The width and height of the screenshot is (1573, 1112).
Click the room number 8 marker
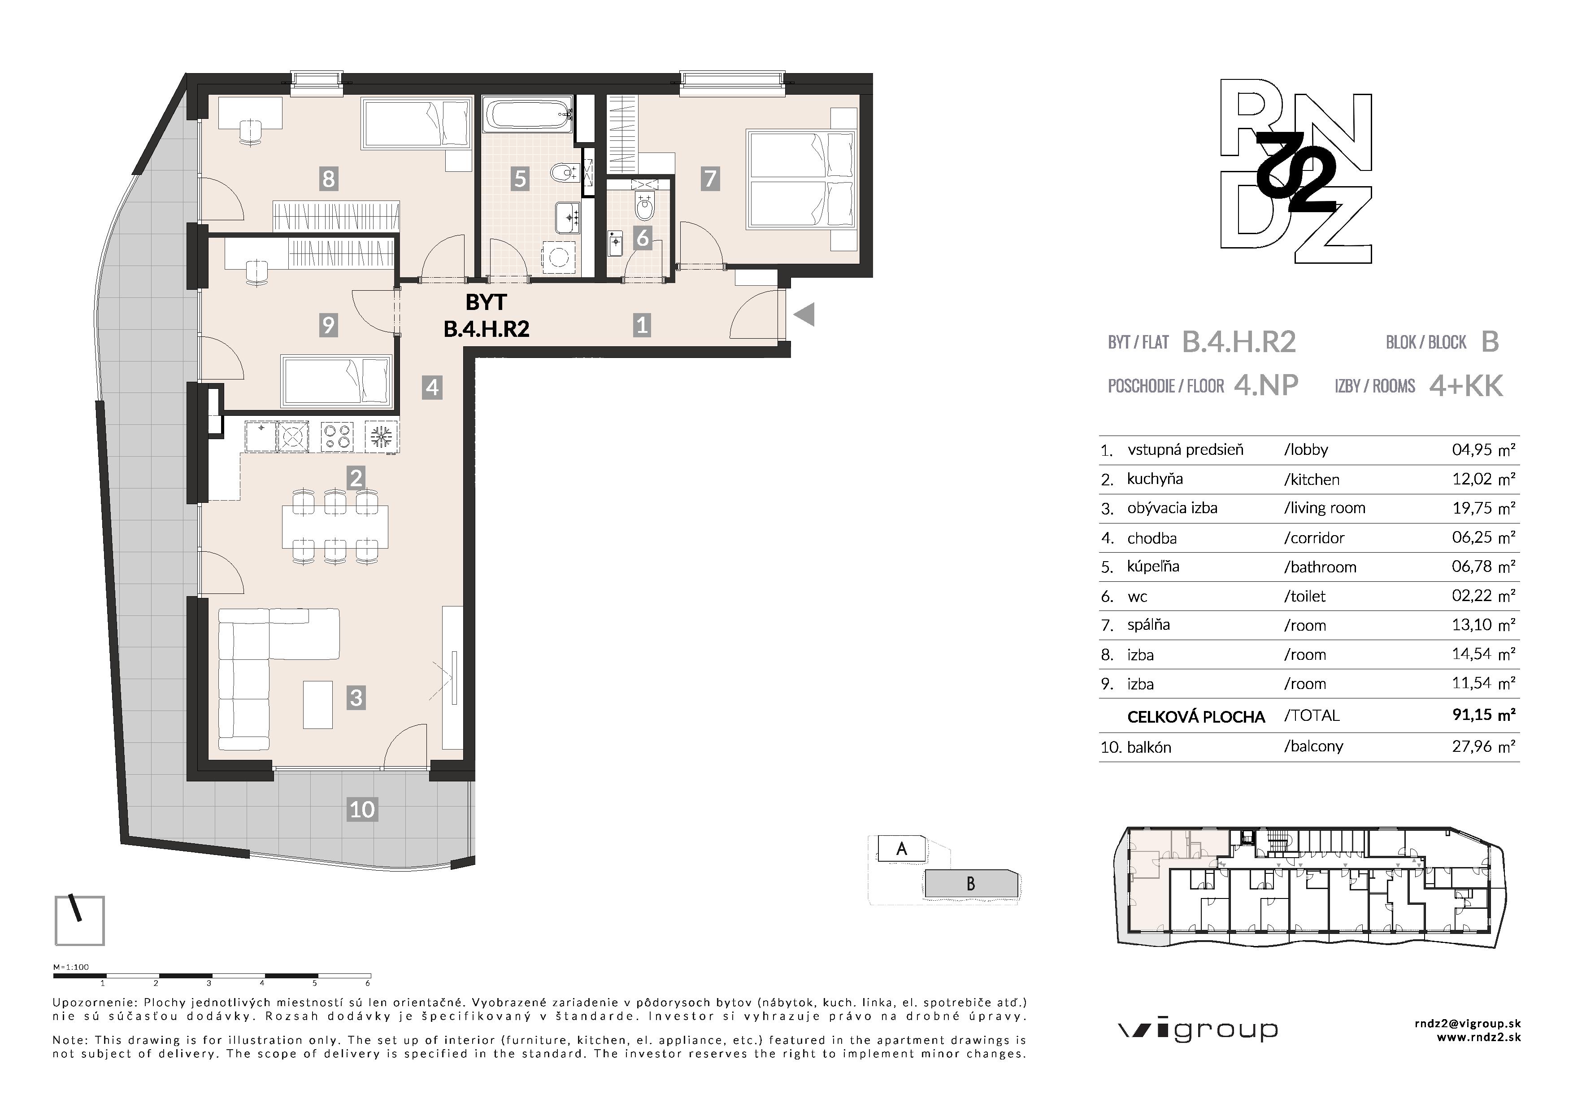click(x=329, y=179)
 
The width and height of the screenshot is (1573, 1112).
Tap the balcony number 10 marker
click(x=362, y=809)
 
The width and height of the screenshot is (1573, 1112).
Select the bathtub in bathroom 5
click(x=527, y=114)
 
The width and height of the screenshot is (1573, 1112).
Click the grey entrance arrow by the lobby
click(x=804, y=315)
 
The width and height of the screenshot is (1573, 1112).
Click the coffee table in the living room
click(x=318, y=704)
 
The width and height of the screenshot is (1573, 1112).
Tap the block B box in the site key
click(x=970, y=884)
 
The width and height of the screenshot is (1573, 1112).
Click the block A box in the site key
click(x=902, y=849)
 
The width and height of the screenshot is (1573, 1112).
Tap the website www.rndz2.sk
click(x=1478, y=1038)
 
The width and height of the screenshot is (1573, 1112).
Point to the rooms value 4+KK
click(x=1466, y=386)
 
